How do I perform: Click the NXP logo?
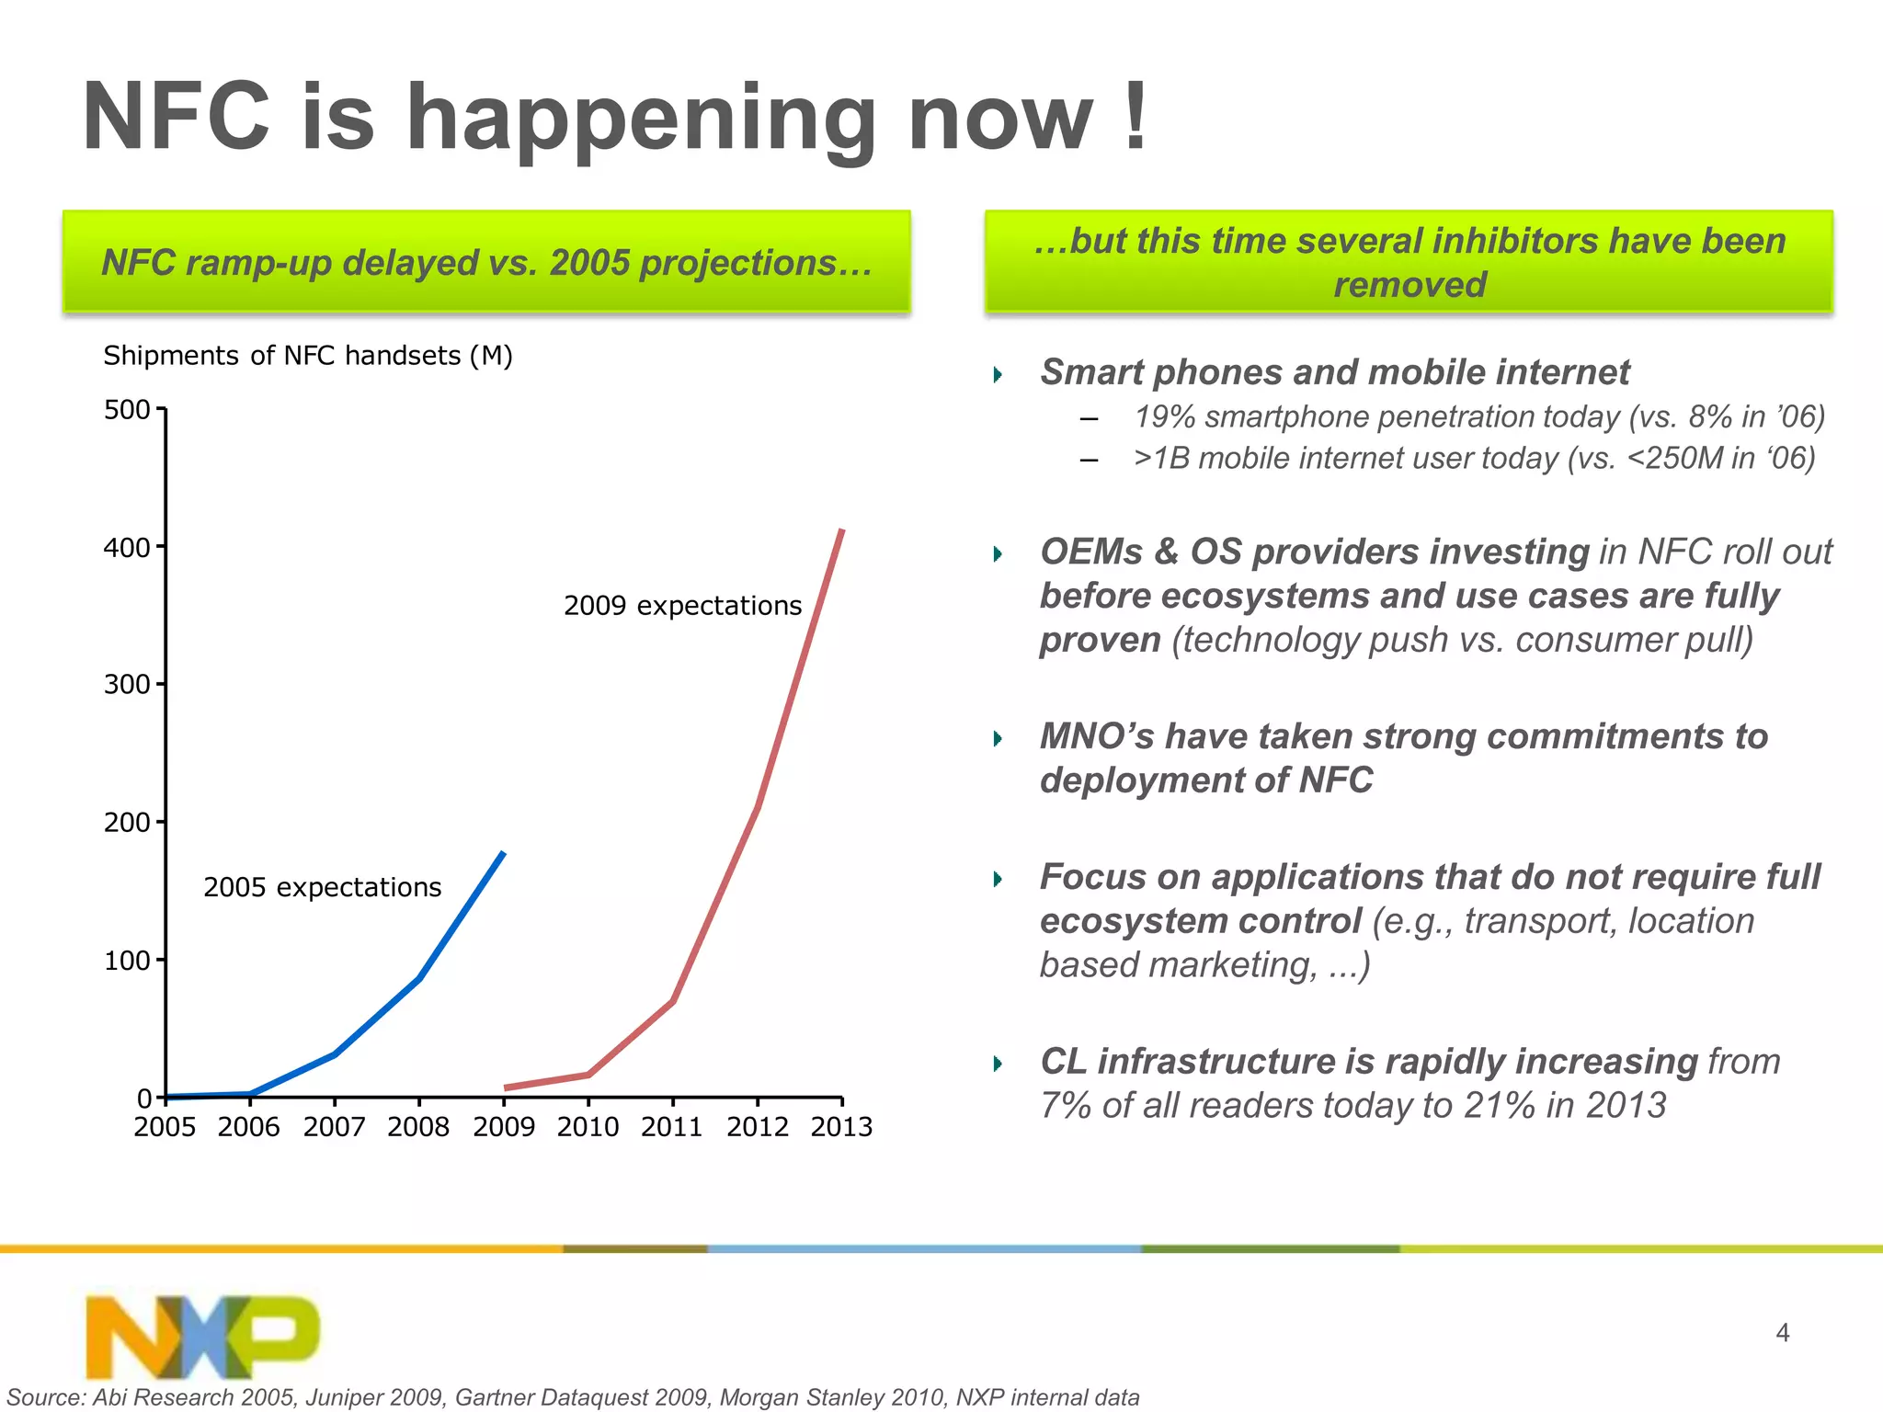202,1335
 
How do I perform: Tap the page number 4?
1782,1332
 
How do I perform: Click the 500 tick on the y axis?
127,409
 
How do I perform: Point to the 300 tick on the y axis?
127,684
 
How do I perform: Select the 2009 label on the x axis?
503,1126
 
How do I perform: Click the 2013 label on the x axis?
841,1126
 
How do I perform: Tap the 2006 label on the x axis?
249,1126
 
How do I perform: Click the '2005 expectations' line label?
322,887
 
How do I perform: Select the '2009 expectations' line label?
682,606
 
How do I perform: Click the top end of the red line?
841,531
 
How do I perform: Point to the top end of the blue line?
503,854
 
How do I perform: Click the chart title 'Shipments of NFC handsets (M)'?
308,356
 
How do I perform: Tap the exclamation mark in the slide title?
1136,117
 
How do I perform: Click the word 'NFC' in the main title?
175,117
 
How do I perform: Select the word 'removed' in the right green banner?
1409,285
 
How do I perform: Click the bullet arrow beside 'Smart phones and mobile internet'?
999,374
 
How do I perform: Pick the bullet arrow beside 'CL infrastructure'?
999,1064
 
